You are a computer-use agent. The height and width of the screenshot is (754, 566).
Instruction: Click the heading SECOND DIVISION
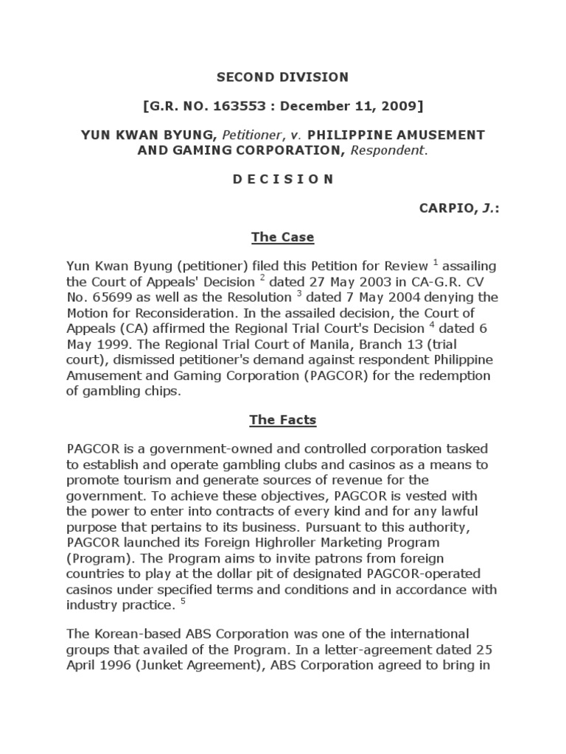(282, 77)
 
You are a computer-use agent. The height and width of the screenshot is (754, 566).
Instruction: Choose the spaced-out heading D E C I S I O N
(282, 179)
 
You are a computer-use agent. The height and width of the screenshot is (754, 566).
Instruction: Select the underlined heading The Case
(282, 237)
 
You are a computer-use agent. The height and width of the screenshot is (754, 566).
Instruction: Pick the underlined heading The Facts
(282, 420)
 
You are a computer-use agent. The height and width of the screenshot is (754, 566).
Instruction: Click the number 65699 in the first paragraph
(111, 297)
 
